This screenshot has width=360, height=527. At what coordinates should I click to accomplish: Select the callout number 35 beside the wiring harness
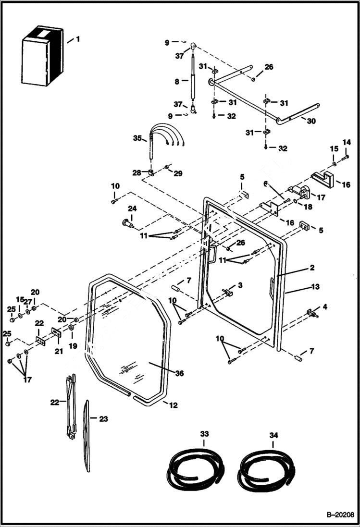pyautogui.click(x=137, y=138)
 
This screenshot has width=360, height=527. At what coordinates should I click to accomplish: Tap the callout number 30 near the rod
pyautogui.click(x=311, y=121)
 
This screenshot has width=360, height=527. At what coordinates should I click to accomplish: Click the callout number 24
pyautogui.click(x=132, y=208)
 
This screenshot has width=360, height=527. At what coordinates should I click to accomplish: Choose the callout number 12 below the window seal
pyautogui.click(x=173, y=405)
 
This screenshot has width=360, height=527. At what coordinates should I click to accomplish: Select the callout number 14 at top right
pyautogui.click(x=347, y=142)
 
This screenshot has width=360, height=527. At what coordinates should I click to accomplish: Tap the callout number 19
pyautogui.click(x=74, y=345)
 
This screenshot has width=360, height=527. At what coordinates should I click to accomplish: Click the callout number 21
pyautogui.click(x=58, y=351)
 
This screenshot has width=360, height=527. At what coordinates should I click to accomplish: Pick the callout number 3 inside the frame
pyautogui.click(x=240, y=285)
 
